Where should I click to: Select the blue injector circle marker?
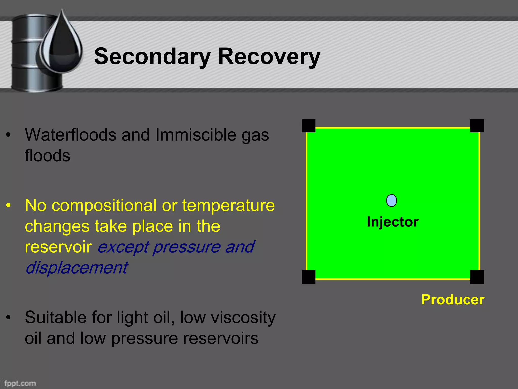(392, 201)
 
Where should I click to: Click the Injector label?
(392, 222)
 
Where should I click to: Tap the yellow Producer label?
(452, 300)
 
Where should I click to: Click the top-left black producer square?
(309, 126)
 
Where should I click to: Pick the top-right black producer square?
(477, 126)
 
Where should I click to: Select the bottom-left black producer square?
(309, 277)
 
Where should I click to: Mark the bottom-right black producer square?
(477, 277)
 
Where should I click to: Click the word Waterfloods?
(70, 135)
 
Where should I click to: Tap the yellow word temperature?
(228, 206)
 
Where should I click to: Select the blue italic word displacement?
(76, 268)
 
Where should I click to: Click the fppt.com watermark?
(20, 383)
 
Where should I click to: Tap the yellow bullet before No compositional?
(9, 206)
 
